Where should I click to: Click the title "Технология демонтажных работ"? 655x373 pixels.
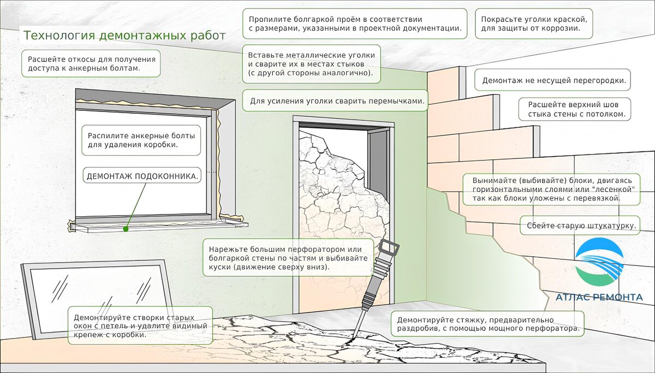(124, 36)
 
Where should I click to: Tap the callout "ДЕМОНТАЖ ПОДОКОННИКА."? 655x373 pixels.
(142, 176)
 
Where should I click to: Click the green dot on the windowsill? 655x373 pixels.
(126, 229)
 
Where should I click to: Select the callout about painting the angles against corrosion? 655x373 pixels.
(533, 23)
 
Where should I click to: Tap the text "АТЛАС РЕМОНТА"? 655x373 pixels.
(599, 297)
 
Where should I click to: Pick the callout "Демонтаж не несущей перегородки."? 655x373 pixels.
(553, 80)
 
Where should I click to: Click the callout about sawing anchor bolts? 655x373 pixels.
(141, 140)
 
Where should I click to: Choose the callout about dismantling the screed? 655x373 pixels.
(488, 324)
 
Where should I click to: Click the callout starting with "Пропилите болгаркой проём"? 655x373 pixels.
(355, 23)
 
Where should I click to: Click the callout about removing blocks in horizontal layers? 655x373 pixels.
(551, 189)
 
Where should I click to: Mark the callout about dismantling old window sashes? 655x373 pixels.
(140, 325)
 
